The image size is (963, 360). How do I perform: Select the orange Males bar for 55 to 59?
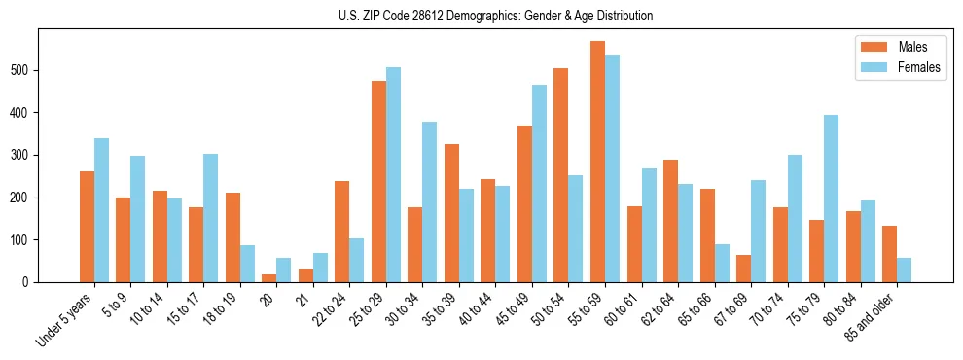pos(597,162)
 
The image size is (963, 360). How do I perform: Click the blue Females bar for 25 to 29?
pos(393,175)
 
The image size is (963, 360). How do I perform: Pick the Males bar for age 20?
pos(269,278)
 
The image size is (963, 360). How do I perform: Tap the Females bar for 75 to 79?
pos(831,198)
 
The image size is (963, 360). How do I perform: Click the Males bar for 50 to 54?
pos(561,175)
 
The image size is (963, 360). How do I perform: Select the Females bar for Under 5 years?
pos(101,210)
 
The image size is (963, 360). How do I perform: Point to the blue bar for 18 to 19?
pos(247,264)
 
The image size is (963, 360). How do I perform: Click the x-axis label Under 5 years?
pos(66,319)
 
